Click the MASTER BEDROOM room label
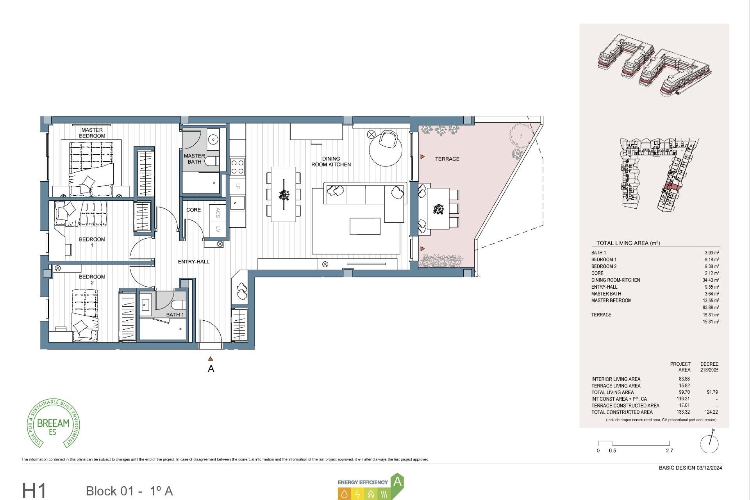pyautogui.click(x=92, y=133)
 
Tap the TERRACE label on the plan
pyautogui.click(x=447, y=159)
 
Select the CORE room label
pyautogui.click(x=193, y=210)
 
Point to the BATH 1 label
pyautogui.click(x=175, y=314)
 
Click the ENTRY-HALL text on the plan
pyautogui.click(x=193, y=262)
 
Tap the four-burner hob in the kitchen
pyautogui.click(x=237, y=167)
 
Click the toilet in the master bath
pyautogui.click(x=212, y=161)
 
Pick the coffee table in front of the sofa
pyautogui.click(x=365, y=227)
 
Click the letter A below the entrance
pyautogui.click(x=211, y=369)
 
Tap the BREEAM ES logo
pyautogui.click(x=53, y=424)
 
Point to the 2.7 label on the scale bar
pyautogui.click(x=669, y=450)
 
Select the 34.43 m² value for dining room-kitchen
pyautogui.click(x=711, y=280)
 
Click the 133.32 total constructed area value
pyautogui.click(x=684, y=412)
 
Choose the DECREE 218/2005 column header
pyautogui.click(x=709, y=367)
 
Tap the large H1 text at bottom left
pyautogui.click(x=34, y=490)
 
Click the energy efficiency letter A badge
pyautogui.click(x=397, y=482)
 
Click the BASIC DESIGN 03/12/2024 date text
pyautogui.click(x=690, y=468)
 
